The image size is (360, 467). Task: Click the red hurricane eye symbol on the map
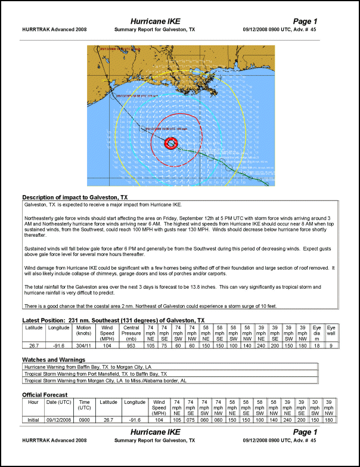click(171, 143)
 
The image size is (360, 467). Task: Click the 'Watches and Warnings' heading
click(54, 360)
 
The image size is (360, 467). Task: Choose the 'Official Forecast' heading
click(45, 395)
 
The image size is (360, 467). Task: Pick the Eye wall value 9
click(331, 345)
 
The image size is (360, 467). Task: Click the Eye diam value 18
click(317, 345)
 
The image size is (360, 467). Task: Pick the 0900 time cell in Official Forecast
click(85, 420)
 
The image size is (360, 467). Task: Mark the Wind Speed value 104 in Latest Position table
click(108, 345)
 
